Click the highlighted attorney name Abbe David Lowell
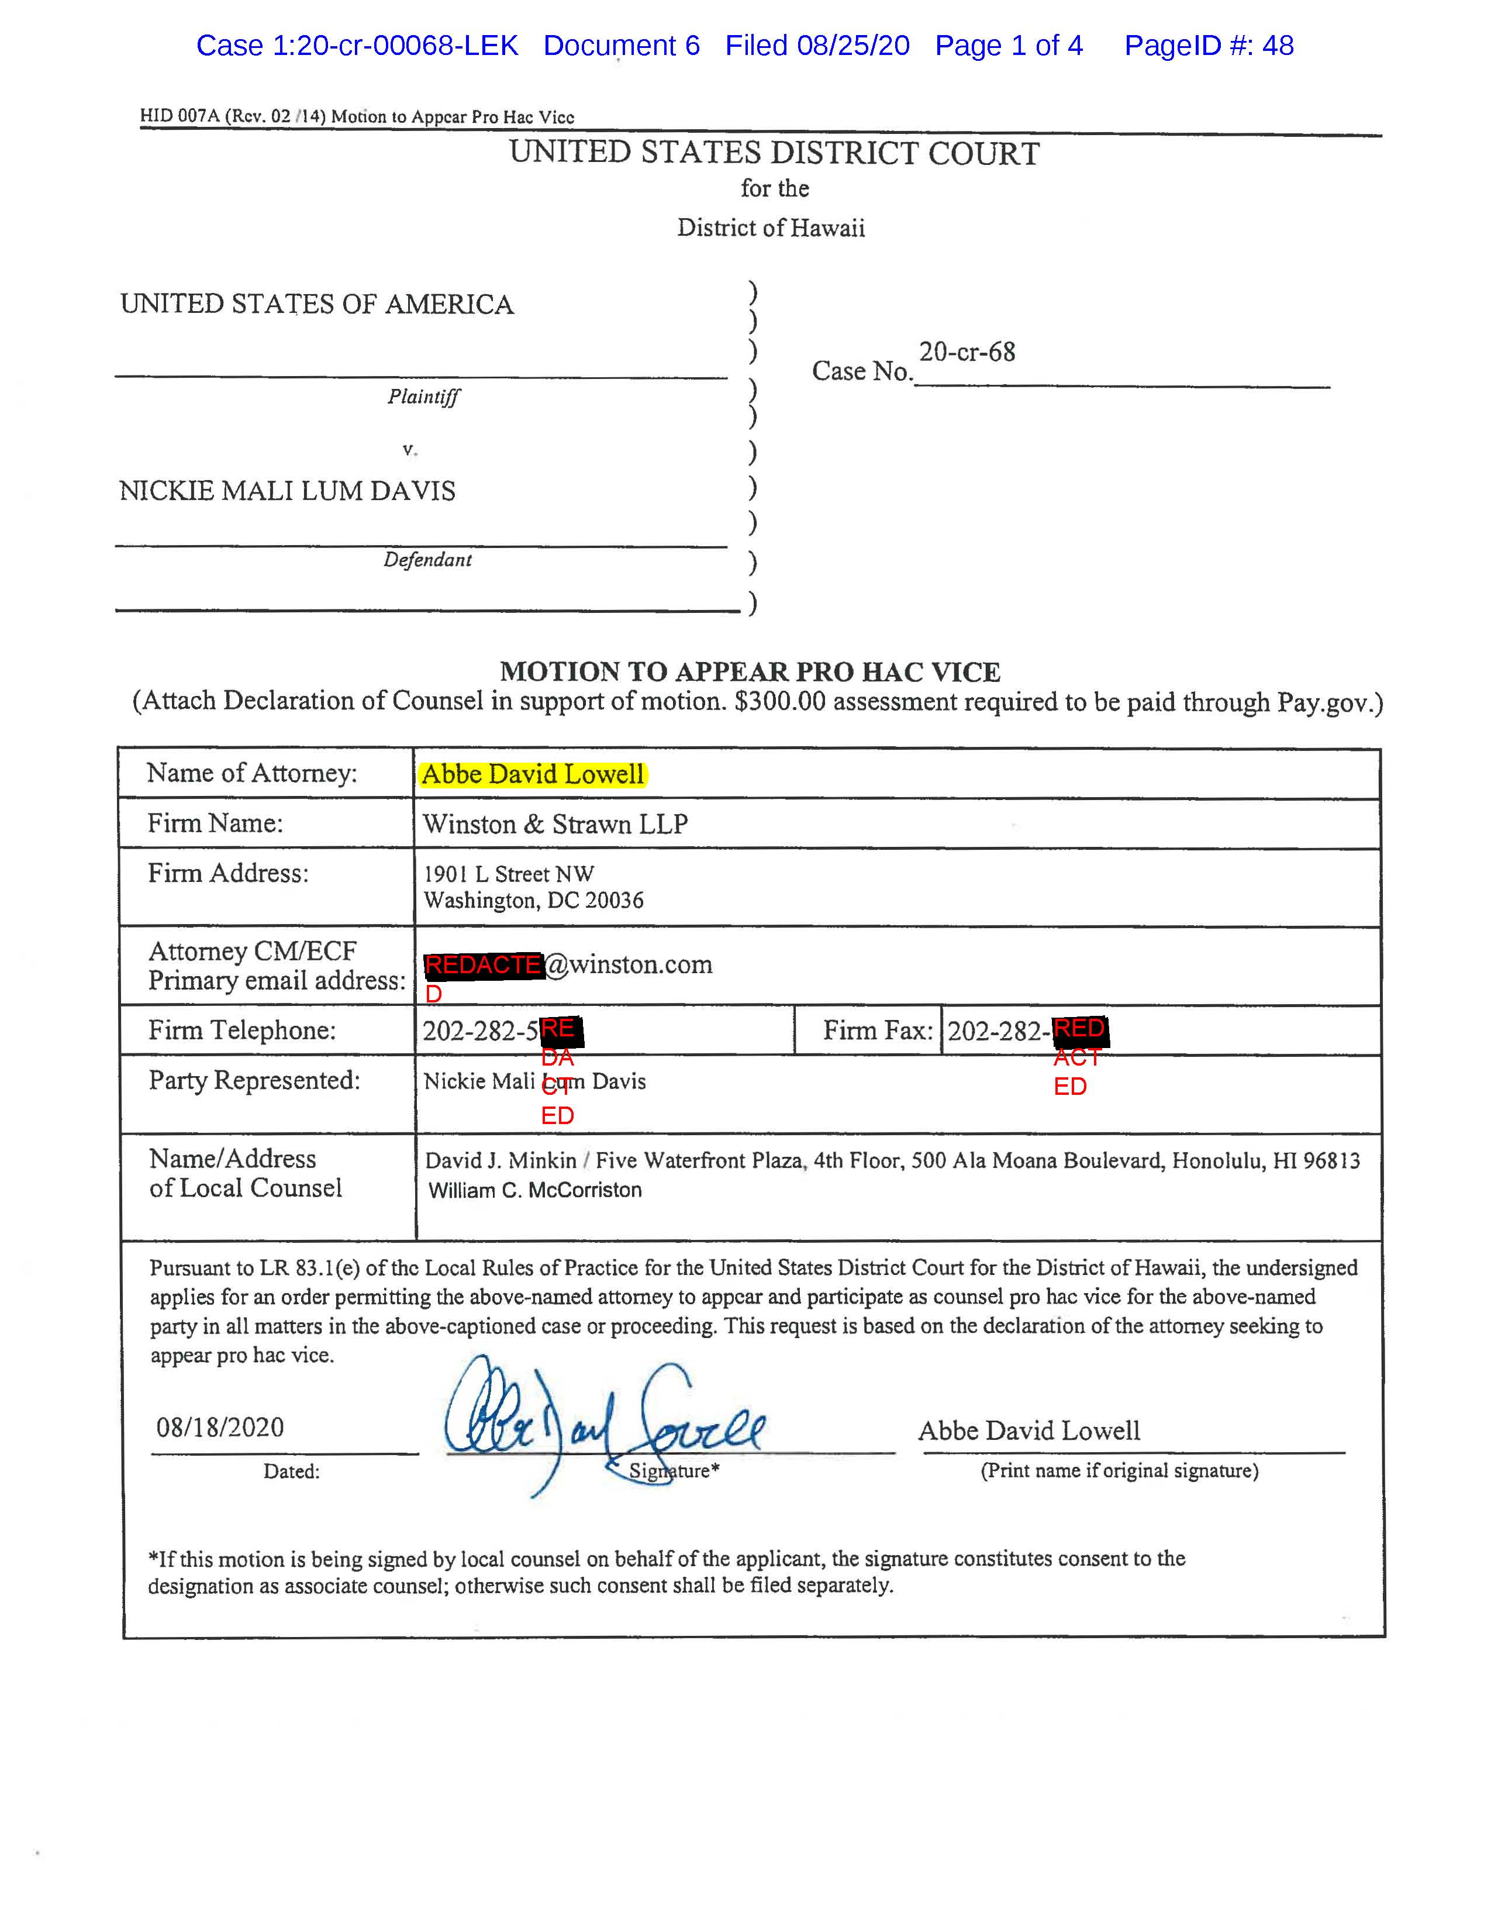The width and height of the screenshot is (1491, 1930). point(533,774)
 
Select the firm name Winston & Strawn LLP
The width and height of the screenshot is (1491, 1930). point(555,823)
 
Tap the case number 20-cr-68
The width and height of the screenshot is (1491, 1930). point(967,351)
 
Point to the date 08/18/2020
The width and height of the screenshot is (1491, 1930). point(220,1427)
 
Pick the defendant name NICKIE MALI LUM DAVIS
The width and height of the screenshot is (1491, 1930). point(287,491)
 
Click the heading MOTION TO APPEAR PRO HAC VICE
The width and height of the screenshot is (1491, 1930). point(750,671)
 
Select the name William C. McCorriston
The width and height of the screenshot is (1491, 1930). point(535,1190)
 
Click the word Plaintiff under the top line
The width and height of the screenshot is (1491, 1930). point(423,396)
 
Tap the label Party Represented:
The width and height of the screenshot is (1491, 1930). point(254,1080)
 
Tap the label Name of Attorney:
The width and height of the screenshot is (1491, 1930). point(252,773)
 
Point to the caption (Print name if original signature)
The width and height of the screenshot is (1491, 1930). point(1119,1470)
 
